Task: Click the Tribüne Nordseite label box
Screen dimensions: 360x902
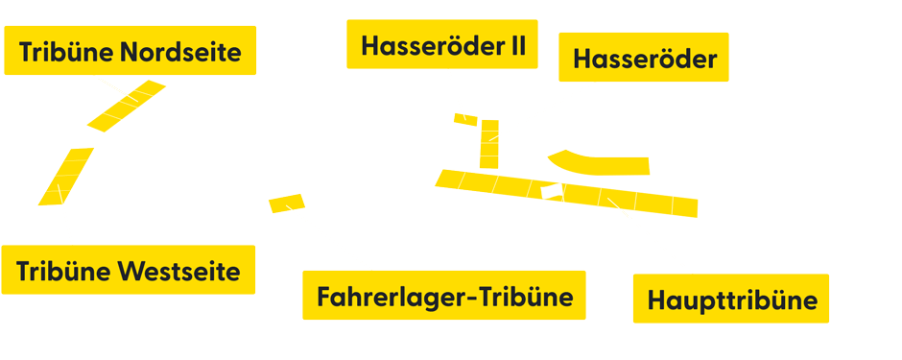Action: coord(130,51)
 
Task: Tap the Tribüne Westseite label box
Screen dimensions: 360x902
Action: coord(129,270)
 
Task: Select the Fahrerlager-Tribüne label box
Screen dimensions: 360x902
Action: coord(443,296)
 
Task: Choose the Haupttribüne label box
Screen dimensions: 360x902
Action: coord(731,300)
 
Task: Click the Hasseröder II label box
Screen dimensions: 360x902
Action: coord(442,44)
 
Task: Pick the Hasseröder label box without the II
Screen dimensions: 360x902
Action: coord(644,59)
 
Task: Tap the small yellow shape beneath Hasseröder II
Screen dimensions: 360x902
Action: coord(465,119)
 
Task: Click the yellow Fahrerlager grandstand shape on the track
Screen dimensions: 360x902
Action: coord(286,203)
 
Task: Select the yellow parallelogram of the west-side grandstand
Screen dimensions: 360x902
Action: coord(65,176)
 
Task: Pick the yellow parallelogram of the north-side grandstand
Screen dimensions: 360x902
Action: coord(127,106)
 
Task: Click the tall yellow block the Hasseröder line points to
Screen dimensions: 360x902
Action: coord(489,143)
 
